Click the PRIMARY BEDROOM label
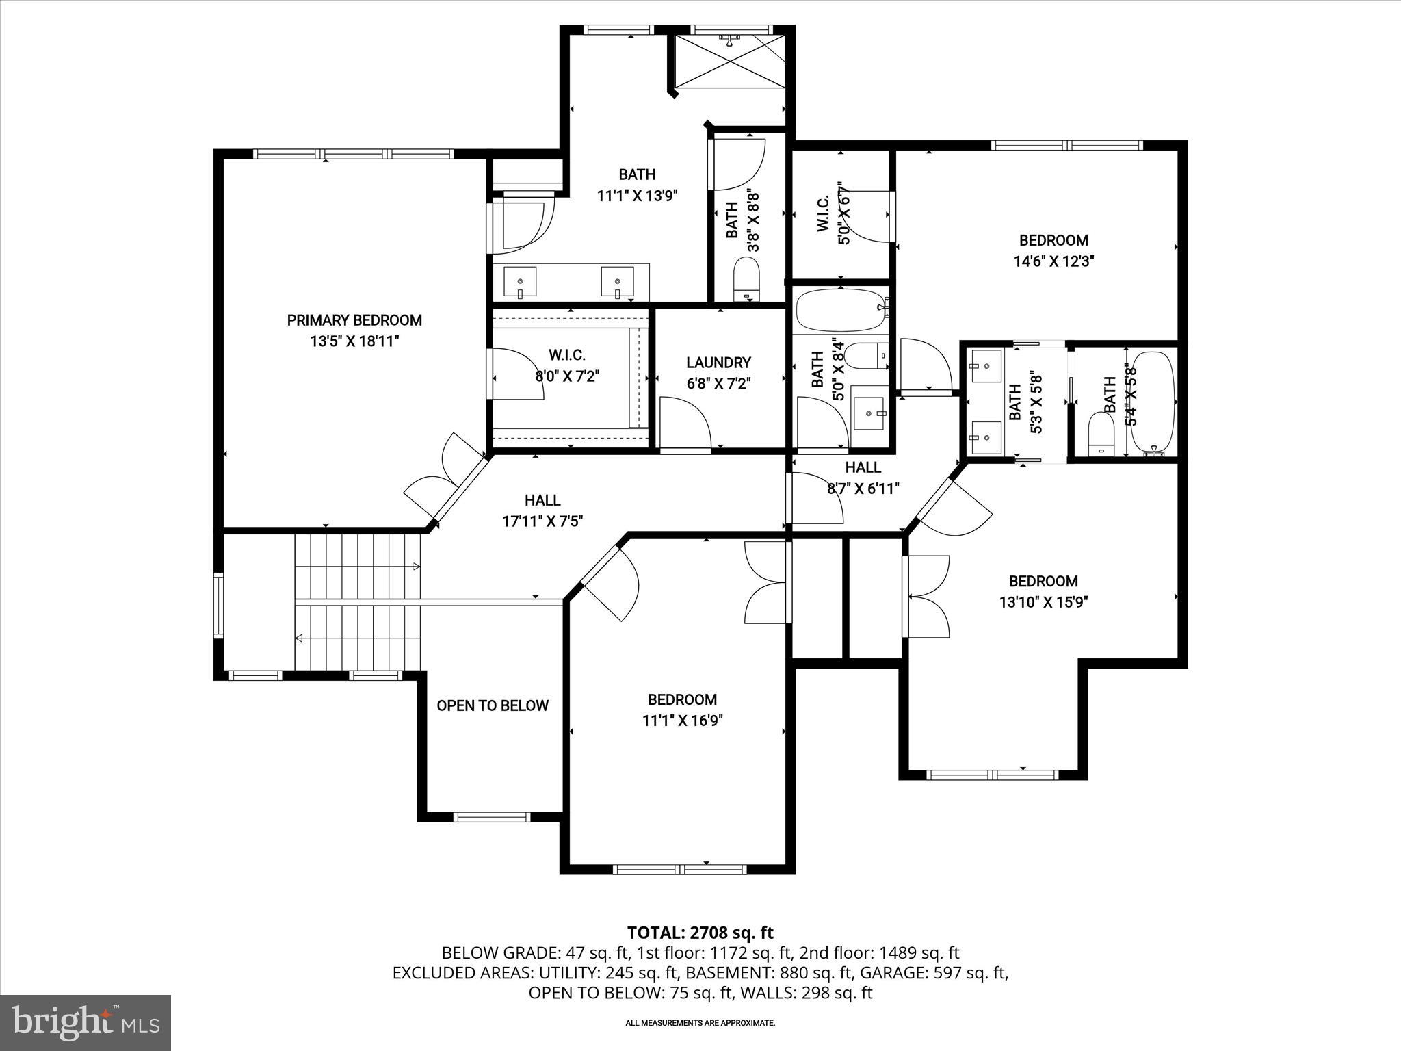click(x=354, y=320)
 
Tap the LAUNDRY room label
click(x=718, y=363)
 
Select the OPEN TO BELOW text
click(x=493, y=705)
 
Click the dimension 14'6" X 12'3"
click(x=1053, y=261)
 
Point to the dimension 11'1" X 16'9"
click(x=682, y=721)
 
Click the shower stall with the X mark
click(x=731, y=62)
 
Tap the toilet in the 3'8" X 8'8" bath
click(x=747, y=279)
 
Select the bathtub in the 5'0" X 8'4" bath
click(x=839, y=311)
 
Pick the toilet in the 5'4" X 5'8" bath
click(x=1100, y=434)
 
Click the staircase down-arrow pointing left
click(x=300, y=638)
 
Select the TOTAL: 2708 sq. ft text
click(x=700, y=933)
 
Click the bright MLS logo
click(x=86, y=1022)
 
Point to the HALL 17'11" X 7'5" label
click(x=542, y=510)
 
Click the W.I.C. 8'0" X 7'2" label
click(x=566, y=365)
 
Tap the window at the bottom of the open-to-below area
click(x=491, y=816)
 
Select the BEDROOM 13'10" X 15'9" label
click(x=1043, y=591)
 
